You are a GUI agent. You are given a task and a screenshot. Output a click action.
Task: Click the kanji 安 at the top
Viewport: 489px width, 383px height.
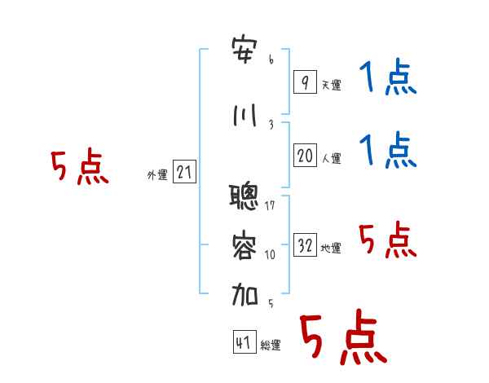tap(244, 51)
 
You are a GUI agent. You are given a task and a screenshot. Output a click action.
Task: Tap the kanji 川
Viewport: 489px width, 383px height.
tap(244, 116)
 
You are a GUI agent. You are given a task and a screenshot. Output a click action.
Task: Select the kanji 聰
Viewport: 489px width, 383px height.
tap(244, 197)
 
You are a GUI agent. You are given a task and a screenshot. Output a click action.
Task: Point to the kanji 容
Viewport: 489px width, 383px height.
tap(244, 245)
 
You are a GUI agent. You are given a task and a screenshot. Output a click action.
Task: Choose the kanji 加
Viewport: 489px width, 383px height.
tap(244, 294)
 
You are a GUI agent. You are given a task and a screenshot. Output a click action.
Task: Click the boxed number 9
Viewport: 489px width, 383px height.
tap(305, 81)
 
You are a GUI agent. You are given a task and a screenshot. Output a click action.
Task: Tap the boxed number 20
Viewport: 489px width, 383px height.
tap(305, 156)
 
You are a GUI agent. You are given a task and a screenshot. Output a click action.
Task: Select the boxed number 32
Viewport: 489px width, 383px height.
tap(305, 244)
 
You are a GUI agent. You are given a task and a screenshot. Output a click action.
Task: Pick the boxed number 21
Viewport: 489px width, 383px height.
tap(184, 172)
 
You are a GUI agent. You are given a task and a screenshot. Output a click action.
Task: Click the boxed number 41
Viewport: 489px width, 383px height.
tap(244, 342)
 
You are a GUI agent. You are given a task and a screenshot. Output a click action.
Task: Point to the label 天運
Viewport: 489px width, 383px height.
tap(331, 85)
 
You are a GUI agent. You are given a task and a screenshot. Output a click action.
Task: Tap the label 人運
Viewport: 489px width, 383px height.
tap(331, 158)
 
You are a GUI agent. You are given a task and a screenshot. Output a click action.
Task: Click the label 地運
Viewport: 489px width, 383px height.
tap(331, 249)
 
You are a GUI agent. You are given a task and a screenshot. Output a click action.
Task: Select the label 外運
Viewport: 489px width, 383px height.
tap(157, 175)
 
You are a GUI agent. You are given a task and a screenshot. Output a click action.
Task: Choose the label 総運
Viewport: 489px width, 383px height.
tap(271, 346)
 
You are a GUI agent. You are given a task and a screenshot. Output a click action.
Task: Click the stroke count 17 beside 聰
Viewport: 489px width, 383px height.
tap(270, 205)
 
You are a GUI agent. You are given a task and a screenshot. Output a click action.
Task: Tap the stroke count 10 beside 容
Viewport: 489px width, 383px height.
tap(270, 255)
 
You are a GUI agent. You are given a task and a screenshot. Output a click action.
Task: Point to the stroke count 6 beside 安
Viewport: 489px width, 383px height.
tap(271, 59)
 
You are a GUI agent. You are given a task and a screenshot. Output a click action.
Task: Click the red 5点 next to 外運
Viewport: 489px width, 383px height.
tap(80, 167)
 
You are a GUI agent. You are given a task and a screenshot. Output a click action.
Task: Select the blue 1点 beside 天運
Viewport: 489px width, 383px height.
tap(388, 77)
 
